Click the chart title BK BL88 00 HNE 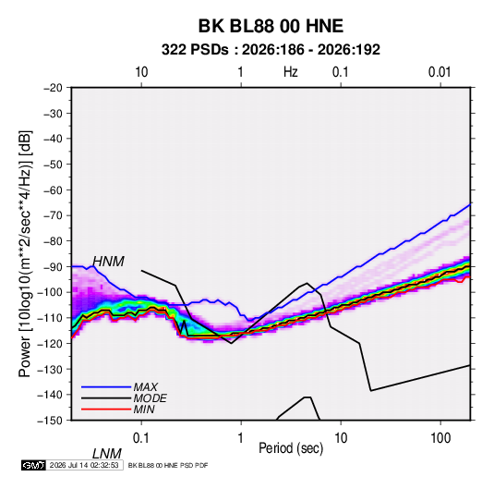click(271, 26)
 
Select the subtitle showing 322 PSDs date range click(271, 50)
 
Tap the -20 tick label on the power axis click(53, 88)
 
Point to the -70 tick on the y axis click(53, 215)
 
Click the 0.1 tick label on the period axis click(141, 438)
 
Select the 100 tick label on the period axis click(440, 438)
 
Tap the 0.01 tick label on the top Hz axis click(440, 72)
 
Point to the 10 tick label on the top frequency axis click(141, 72)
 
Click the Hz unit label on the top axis click(291, 72)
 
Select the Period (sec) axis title click(291, 448)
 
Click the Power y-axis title click(25, 254)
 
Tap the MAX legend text click(146, 387)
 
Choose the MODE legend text click(150, 398)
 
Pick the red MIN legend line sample click(106, 410)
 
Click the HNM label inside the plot click(108, 262)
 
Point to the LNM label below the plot click(107, 454)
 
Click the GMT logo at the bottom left click(33, 465)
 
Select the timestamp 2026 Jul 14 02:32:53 click(84, 465)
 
